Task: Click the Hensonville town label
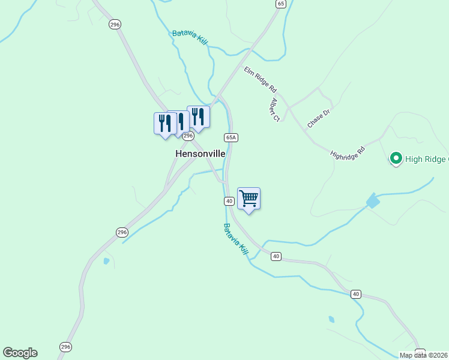click(x=200, y=154)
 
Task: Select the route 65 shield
click(x=281, y=4)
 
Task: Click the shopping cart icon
click(x=249, y=197)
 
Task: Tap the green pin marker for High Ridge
click(x=396, y=158)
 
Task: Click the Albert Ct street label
click(x=276, y=109)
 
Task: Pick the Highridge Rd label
click(x=348, y=154)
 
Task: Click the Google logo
click(x=20, y=353)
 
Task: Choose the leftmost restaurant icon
click(x=164, y=123)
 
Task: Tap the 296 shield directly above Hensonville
click(x=188, y=136)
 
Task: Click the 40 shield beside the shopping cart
click(x=229, y=200)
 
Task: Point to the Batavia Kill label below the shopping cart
click(x=235, y=239)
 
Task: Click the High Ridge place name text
click(x=427, y=159)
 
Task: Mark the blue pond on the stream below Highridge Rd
click(x=373, y=201)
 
